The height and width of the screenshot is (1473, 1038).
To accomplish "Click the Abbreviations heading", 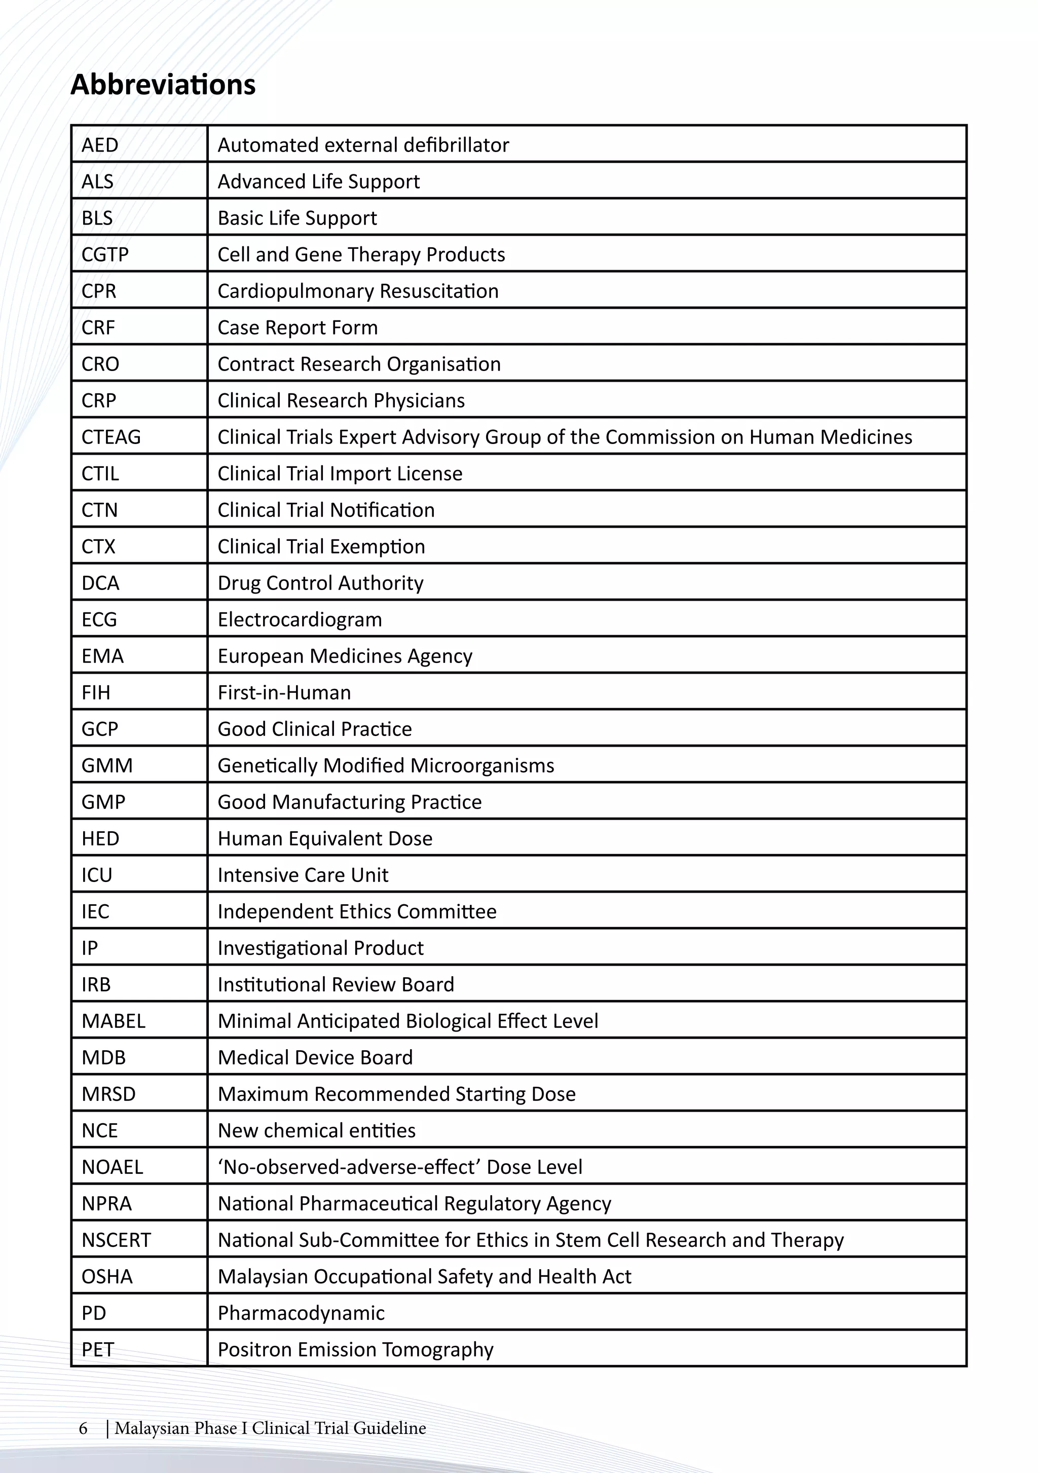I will pyautogui.click(x=163, y=85).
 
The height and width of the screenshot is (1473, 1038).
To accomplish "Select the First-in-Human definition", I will pyautogui.click(x=284, y=693).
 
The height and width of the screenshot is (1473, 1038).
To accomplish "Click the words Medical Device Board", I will pyautogui.click(x=315, y=1057).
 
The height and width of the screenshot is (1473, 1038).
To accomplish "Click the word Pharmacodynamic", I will pyautogui.click(x=301, y=1313).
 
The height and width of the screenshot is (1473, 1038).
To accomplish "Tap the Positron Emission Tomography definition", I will pyautogui.click(x=355, y=1350).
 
